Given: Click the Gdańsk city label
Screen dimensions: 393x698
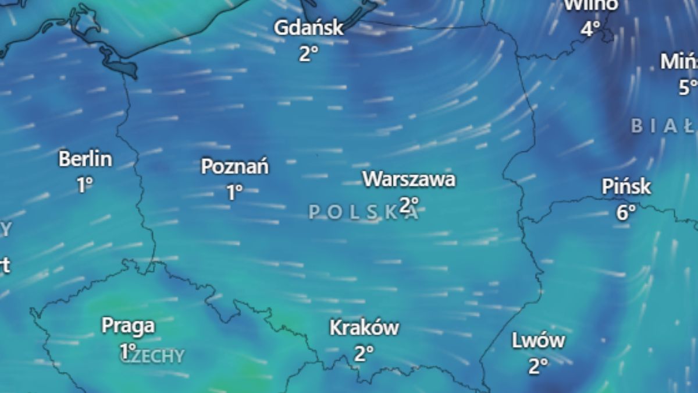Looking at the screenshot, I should click(309, 28).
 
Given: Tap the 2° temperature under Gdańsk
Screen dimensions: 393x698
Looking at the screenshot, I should click(309, 54).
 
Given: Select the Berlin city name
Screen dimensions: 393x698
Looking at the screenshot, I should click(86, 159).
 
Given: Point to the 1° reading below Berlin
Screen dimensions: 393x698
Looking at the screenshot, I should click(85, 185).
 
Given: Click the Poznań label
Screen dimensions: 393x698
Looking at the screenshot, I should click(235, 167).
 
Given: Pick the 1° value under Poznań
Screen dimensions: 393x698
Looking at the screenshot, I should click(234, 192).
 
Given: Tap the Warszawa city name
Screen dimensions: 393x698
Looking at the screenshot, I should click(409, 179).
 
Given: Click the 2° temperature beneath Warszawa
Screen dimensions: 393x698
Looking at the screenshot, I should click(409, 204).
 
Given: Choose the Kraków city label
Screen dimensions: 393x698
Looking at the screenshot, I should click(364, 328).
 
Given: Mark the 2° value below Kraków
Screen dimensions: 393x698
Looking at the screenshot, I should click(364, 353).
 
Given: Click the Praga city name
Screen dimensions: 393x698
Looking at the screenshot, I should click(128, 325).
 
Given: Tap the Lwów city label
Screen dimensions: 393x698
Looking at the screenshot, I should click(538, 341).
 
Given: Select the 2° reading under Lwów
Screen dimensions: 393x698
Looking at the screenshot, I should click(538, 366).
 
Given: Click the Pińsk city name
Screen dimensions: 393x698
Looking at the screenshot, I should click(626, 187).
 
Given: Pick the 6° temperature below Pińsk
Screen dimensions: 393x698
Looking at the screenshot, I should click(626, 213).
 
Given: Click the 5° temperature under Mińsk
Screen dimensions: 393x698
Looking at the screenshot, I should click(688, 87).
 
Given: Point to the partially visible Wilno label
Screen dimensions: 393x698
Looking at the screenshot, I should click(590, 5).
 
